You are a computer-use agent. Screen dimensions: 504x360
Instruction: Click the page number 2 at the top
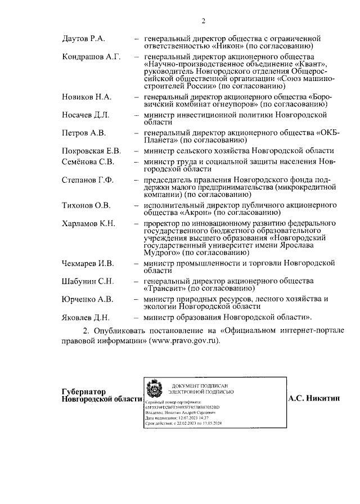tap(204, 21)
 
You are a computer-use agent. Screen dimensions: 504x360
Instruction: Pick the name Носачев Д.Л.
tap(85, 115)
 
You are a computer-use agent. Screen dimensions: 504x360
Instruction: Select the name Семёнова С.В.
tap(88, 161)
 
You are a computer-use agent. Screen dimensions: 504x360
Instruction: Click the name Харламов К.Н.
tap(88, 223)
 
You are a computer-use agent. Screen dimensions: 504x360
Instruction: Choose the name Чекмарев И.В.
tap(88, 263)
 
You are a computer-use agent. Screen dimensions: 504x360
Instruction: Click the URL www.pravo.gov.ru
tap(184, 341)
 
